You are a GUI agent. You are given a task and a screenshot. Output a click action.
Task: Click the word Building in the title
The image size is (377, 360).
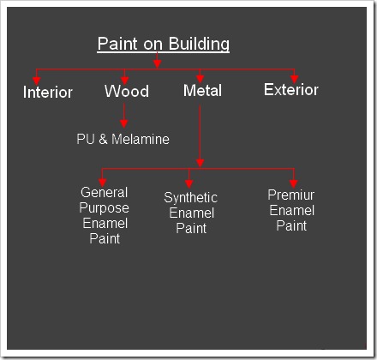[x=199, y=44]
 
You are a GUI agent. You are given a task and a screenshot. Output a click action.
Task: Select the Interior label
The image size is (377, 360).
[x=48, y=93]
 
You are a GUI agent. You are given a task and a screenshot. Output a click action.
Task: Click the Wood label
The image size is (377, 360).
[x=127, y=91]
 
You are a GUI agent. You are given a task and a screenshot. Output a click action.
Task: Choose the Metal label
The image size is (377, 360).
[x=202, y=91]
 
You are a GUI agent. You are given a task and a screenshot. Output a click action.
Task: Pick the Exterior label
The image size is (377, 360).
[x=291, y=90]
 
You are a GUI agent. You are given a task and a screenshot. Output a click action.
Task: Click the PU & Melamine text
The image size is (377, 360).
[x=123, y=139]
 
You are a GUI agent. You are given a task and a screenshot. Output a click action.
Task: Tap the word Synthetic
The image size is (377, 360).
[x=191, y=198]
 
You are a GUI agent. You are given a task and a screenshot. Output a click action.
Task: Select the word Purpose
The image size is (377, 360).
[x=105, y=208]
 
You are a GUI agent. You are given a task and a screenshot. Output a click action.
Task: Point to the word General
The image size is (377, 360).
[x=105, y=192]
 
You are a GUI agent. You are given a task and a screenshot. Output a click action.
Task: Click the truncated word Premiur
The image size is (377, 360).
[x=291, y=195]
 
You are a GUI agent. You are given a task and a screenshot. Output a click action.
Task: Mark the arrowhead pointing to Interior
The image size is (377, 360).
[x=37, y=81]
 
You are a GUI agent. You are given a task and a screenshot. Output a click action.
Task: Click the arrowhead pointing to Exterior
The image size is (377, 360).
[x=295, y=80]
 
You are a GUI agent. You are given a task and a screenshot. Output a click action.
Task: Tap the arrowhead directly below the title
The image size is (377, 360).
[x=157, y=64]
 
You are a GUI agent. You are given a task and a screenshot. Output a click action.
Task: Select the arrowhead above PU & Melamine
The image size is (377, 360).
[x=124, y=123]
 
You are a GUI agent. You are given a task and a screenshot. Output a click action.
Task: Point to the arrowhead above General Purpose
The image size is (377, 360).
[x=103, y=183]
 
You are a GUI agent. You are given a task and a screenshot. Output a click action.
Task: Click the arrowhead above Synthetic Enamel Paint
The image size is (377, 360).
[x=189, y=183]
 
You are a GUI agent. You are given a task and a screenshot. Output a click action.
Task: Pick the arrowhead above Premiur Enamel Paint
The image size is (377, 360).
[x=294, y=183]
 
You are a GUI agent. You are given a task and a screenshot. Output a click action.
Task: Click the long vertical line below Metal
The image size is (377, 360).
[x=200, y=133]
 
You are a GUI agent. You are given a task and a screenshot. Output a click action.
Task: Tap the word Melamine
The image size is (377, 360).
[x=141, y=139]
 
